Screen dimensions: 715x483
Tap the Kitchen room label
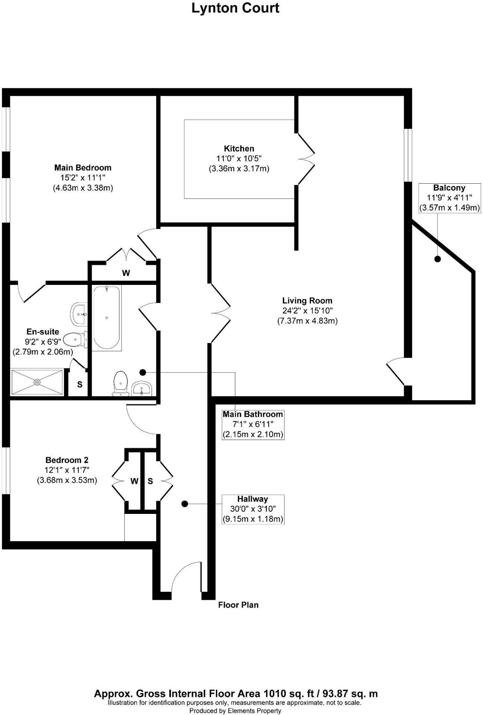pyautogui.click(x=239, y=148)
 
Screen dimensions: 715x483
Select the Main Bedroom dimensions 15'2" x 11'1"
pyautogui.click(x=83, y=178)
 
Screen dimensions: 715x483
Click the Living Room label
pyautogui.click(x=307, y=301)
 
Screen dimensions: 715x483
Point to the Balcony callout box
pyautogui.click(x=449, y=198)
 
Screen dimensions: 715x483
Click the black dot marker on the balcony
pyautogui.click(x=437, y=259)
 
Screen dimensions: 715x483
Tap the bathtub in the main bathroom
pyautogui.click(x=107, y=318)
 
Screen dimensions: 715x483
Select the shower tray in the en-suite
pyautogui.click(x=37, y=382)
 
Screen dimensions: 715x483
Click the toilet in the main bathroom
pyautogui.click(x=121, y=383)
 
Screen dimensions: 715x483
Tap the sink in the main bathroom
pyautogui.click(x=142, y=388)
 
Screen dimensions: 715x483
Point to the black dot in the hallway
pyautogui.click(x=185, y=504)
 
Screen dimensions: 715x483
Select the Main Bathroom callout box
pyautogui.click(x=253, y=425)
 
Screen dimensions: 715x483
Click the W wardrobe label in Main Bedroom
pyautogui.click(x=126, y=273)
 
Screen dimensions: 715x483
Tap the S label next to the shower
pyautogui.click(x=80, y=385)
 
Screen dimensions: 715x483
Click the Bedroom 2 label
pyautogui.click(x=67, y=460)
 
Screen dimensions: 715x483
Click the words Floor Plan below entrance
pyautogui.click(x=238, y=605)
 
